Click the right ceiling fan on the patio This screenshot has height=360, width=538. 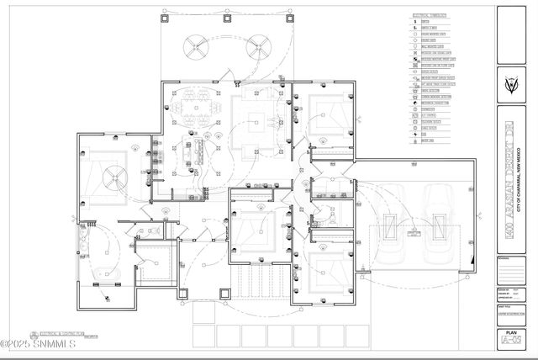tap(256, 48)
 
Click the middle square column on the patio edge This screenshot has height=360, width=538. tap(227, 13)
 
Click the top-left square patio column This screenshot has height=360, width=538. tap(162, 13)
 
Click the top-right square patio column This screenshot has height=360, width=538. tap(292, 13)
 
